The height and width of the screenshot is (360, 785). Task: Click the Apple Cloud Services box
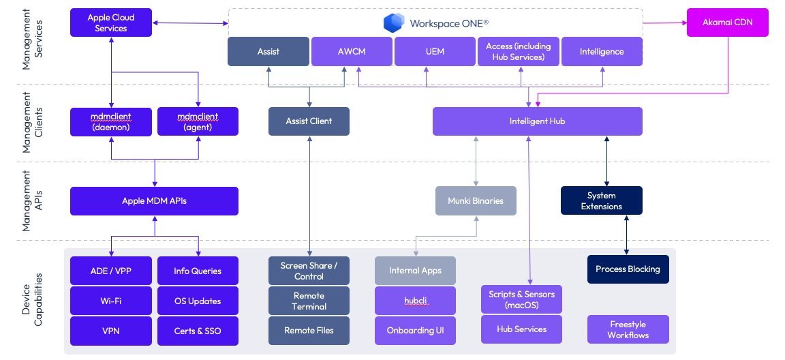[110, 22]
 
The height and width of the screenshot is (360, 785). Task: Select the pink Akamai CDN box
[727, 22]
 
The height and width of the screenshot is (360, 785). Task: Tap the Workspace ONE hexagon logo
[394, 23]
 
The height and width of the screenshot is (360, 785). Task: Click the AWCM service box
[352, 52]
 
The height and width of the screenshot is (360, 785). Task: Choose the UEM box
[435, 52]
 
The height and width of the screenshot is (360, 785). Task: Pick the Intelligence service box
[602, 52]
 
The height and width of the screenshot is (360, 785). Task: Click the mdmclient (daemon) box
[110, 121]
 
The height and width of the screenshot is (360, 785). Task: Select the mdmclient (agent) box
[198, 121]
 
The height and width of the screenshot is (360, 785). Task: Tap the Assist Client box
[309, 121]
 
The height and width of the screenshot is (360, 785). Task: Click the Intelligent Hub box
[537, 121]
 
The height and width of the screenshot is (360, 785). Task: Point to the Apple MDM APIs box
[154, 201]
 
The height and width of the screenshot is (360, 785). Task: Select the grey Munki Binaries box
[476, 201]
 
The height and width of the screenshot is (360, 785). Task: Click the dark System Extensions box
[601, 201]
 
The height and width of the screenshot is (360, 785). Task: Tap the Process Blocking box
[628, 269]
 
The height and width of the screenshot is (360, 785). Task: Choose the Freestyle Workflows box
[628, 329]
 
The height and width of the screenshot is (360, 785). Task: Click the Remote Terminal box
[309, 301]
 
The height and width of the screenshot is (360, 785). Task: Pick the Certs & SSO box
[198, 331]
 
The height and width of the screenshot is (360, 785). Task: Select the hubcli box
[415, 301]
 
